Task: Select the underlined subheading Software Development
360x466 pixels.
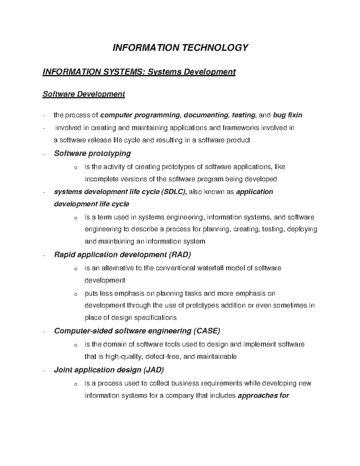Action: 83,94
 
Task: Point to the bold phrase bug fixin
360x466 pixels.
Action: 287,115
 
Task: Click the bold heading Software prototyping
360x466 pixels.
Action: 92,153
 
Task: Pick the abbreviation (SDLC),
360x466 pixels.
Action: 174,192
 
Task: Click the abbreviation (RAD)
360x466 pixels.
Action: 180,255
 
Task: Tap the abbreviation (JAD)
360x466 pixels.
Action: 154,370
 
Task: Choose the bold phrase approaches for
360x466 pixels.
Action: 263,395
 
